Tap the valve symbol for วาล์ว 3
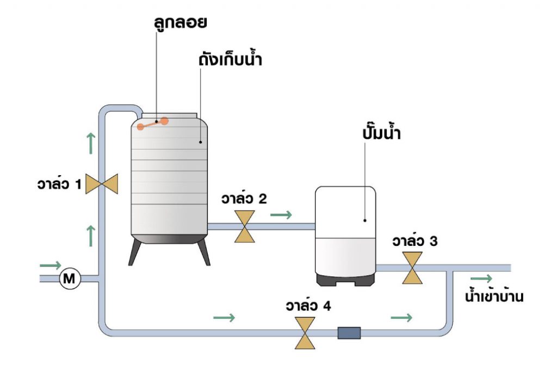point(412,268)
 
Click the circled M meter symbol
point(70,279)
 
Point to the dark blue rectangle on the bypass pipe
point(349,332)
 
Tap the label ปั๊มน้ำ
point(380,133)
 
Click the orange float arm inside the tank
point(152,123)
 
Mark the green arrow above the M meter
point(50,265)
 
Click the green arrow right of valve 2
point(281,215)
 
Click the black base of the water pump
point(346,278)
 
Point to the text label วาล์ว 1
point(57,185)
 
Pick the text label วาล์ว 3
point(415,242)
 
